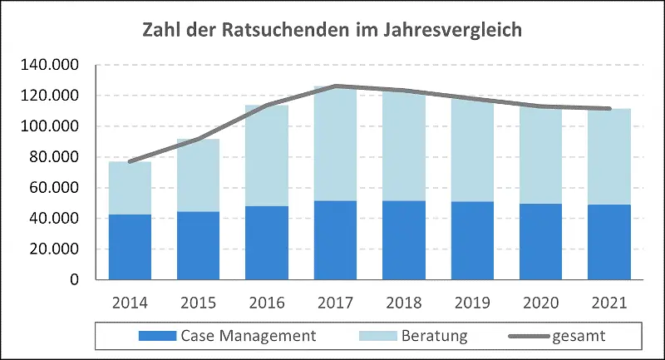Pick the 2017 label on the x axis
(x=334, y=302)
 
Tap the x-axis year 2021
(x=609, y=302)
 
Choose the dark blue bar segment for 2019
(x=472, y=240)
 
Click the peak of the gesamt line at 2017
(x=334, y=86)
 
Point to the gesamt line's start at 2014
(x=129, y=161)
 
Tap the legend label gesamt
(x=575, y=336)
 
